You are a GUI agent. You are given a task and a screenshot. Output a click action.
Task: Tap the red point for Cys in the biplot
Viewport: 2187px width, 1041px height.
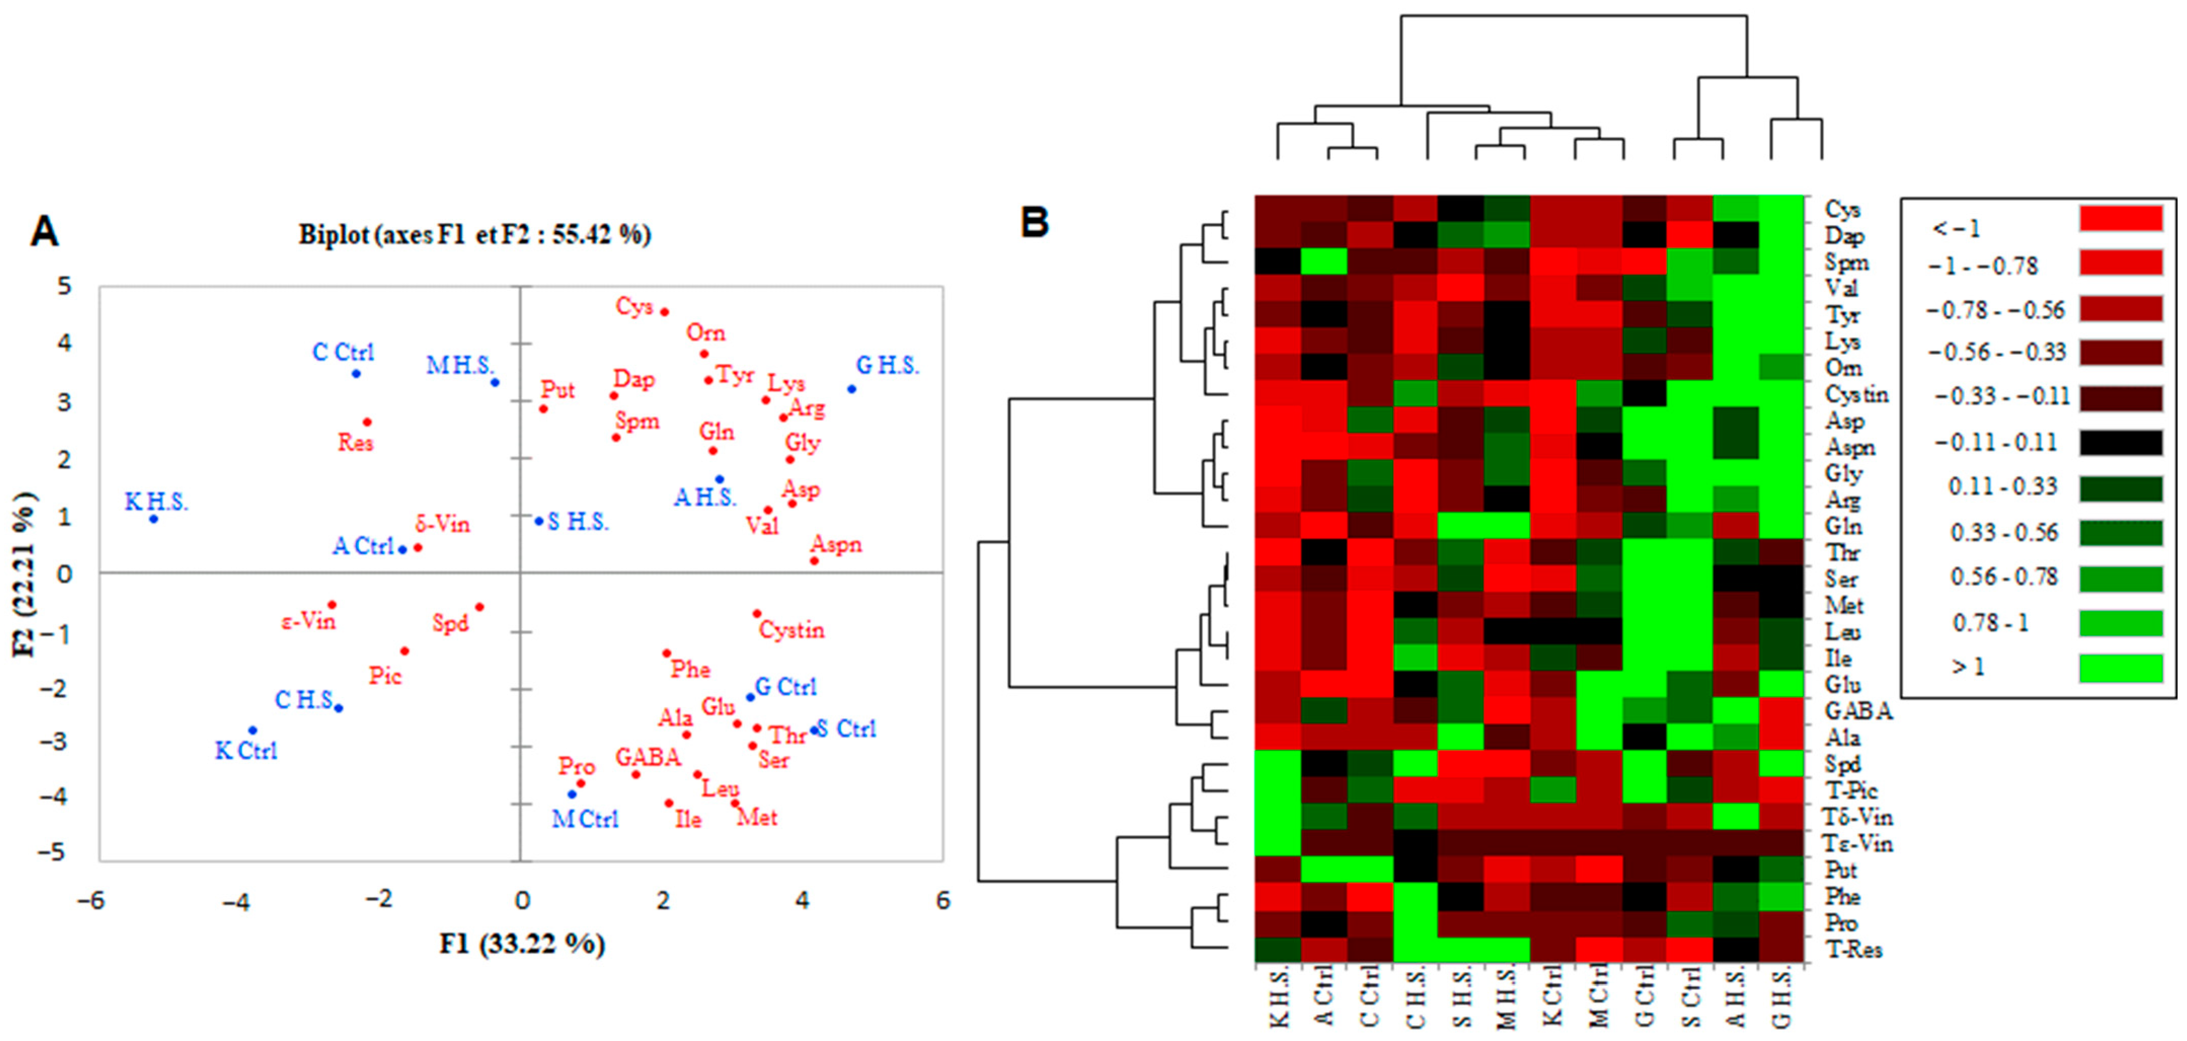[665, 312]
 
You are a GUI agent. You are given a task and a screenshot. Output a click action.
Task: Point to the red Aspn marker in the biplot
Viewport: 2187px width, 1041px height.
[814, 561]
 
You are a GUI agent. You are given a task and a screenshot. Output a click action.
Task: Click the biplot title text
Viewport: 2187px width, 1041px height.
[475, 234]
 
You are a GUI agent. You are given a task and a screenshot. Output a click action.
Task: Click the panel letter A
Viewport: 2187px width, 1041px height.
[44, 231]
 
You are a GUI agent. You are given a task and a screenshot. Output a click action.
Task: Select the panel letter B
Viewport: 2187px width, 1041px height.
[1034, 222]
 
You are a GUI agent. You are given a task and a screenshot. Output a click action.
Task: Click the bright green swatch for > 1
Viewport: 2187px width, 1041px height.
[2120, 667]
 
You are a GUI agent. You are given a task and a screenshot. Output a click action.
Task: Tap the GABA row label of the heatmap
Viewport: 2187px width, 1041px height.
[1858, 711]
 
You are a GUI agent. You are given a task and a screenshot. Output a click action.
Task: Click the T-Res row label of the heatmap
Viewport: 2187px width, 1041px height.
[1853, 948]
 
